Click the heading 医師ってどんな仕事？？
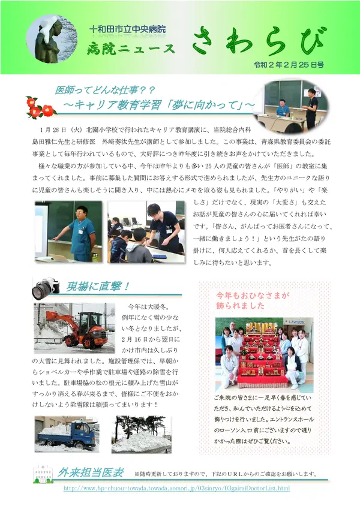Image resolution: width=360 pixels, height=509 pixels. (106, 90)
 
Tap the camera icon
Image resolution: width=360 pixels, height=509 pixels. (46, 288)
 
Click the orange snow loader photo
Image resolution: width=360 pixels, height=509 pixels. (74, 326)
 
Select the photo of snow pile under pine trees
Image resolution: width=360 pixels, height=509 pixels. (142, 433)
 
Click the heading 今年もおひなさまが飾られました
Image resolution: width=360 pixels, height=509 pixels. (253, 300)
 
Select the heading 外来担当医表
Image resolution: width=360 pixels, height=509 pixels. (91, 472)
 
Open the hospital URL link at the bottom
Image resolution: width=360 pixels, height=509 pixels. (176, 489)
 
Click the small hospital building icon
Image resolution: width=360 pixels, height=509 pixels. (43, 474)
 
